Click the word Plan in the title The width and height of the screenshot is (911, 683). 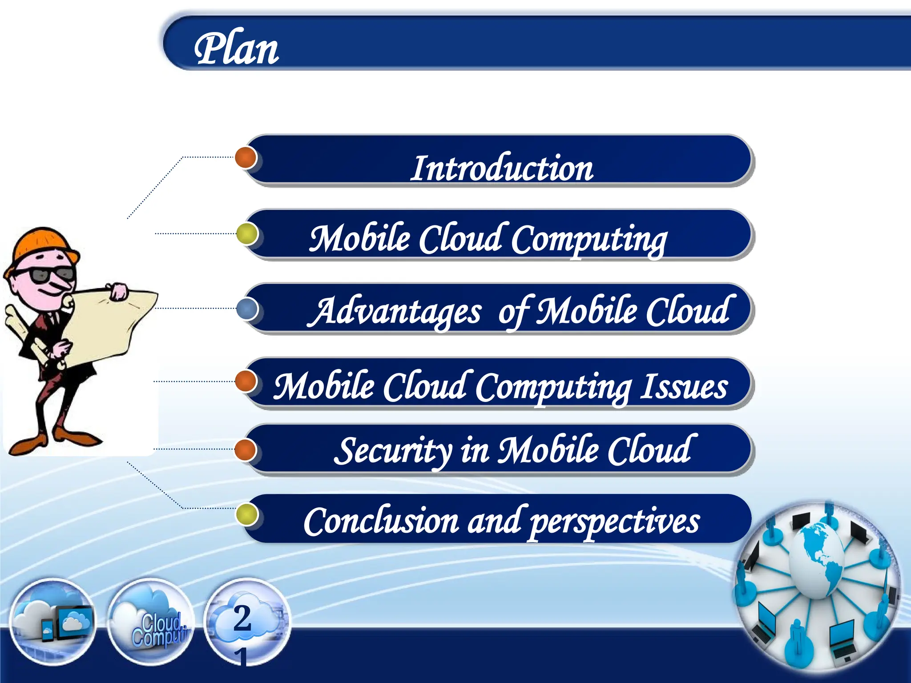pos(236,49)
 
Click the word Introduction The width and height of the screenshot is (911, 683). pos(501,169)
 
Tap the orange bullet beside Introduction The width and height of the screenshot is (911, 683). pos(246,157)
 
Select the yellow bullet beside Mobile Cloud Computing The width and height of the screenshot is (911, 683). pos(247,233)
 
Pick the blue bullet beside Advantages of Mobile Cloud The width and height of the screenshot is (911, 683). pos(247,308)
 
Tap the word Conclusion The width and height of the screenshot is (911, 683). pos(381,521)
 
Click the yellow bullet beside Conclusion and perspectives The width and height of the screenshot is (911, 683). pos(247,514)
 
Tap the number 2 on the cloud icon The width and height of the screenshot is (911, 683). pos(242,618)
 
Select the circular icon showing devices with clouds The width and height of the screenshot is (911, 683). pos(52,623)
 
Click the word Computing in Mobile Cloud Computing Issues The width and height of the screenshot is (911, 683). pos(554,387)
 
